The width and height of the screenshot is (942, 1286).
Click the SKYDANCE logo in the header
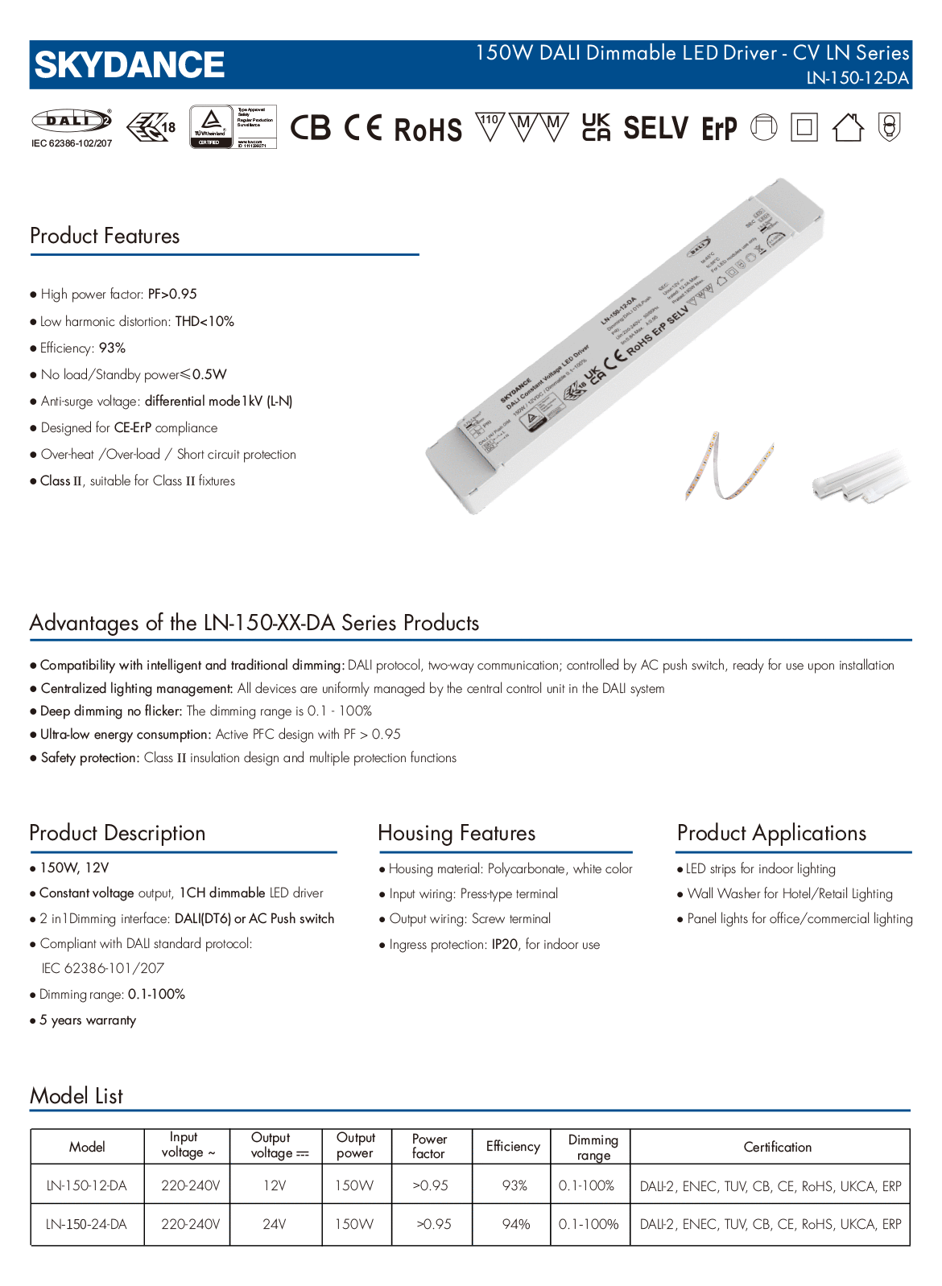tap(130, 65)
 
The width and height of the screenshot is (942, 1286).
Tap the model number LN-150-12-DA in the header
tap(857, 78)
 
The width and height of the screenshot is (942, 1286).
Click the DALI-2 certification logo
tap(71, 121)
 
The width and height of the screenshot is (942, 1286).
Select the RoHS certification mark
tap(428, 129)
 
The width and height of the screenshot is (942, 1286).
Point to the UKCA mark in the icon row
tap(596, 127)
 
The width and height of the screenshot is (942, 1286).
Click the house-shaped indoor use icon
tap(847, 127)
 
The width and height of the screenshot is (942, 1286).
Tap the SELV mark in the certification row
tap(655, 128)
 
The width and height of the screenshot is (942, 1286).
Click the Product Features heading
tap(105, 236)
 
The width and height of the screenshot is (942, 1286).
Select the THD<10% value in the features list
tap(205, 321)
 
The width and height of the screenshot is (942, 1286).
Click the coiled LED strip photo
tap(729, 466)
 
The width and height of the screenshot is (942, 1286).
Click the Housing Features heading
tap(457, 833)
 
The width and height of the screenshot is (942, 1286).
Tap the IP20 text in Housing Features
tap(505, 944)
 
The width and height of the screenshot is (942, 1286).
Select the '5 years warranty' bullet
tap(88, 1020)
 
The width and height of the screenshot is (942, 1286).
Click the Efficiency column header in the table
tap(513, 1146)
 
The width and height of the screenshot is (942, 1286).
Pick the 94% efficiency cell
tap(515, 1224)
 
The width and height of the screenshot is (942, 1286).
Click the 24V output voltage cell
tap(275, 1224)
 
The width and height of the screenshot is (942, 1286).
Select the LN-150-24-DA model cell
tap(87, 1224)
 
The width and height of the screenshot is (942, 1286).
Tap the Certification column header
tap(777, 1147)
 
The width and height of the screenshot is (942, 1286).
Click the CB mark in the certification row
tap(310, 128)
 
